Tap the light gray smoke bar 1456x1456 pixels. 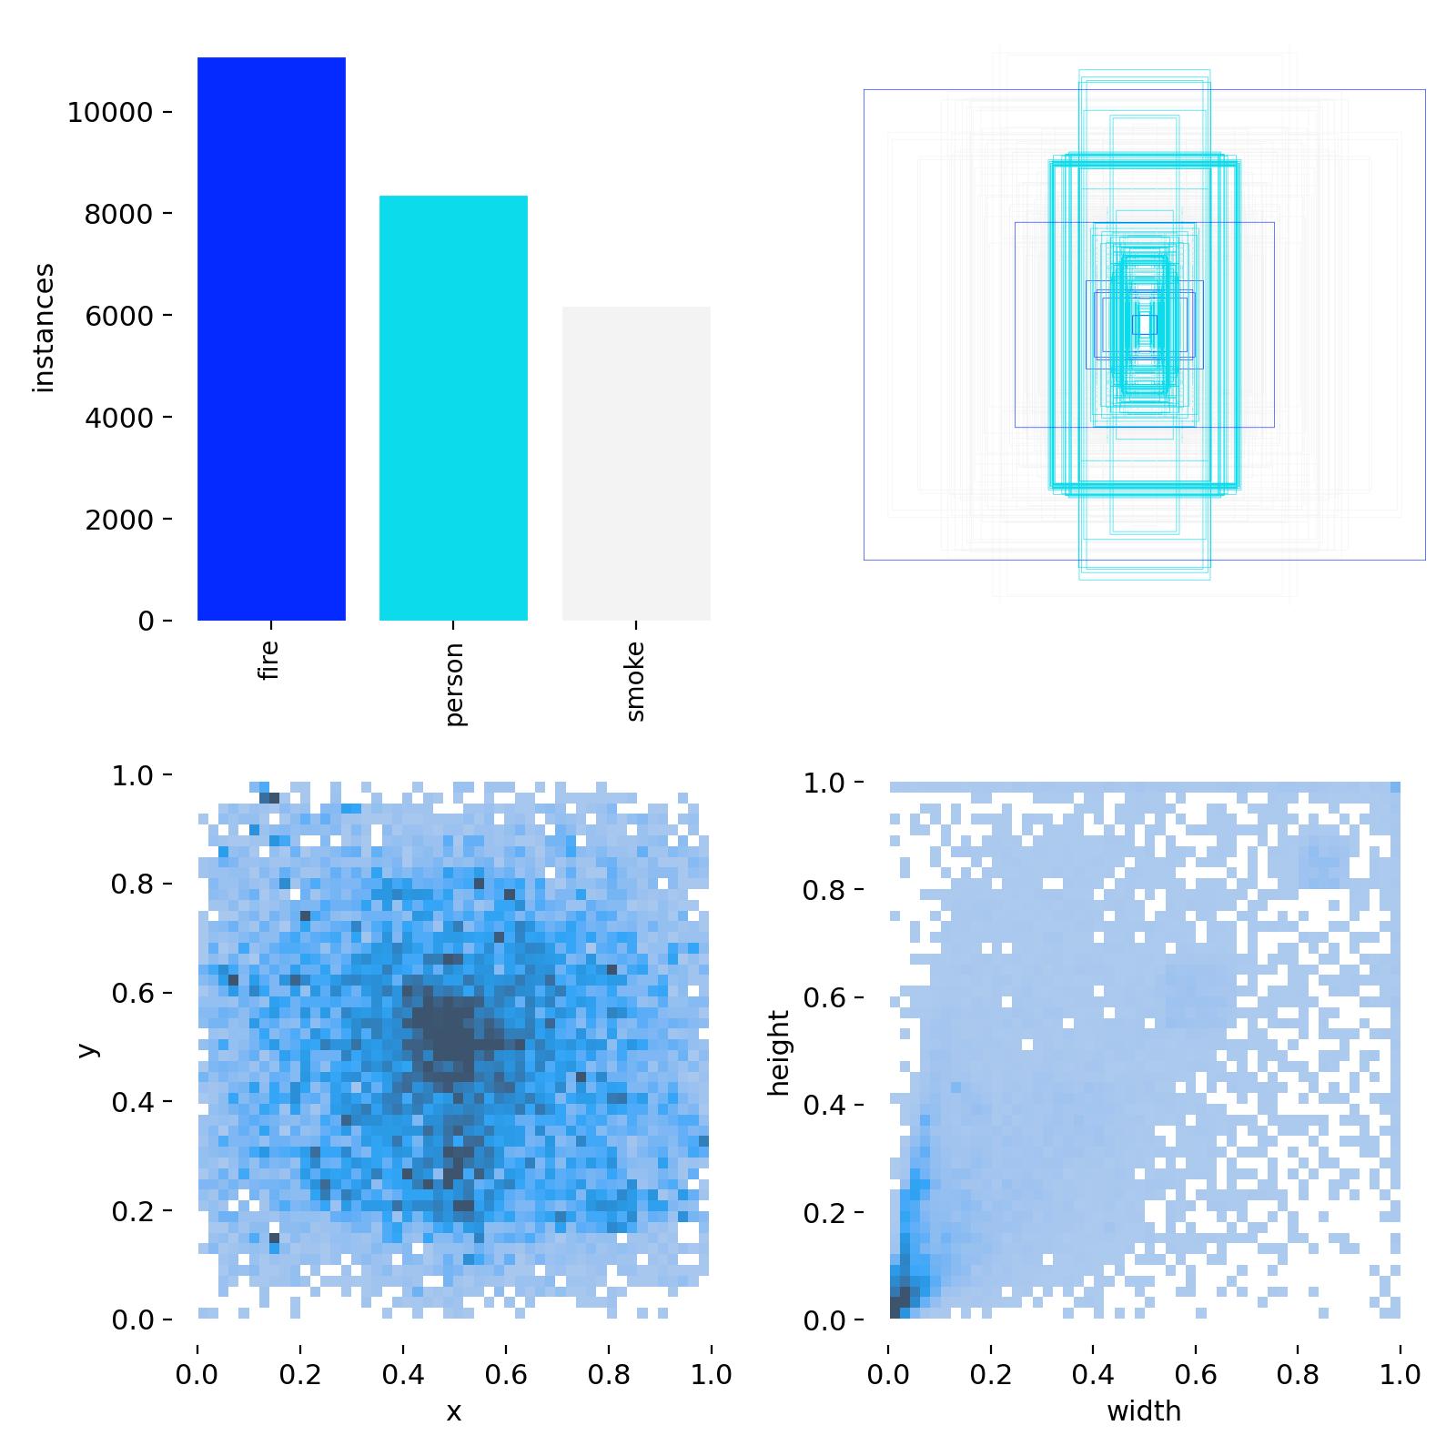coord(636,463)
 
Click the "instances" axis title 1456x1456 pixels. coord(44,328)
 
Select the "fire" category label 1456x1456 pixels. coord(268,661)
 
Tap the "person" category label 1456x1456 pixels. coord(455,683)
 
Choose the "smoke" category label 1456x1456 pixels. coord(635,681)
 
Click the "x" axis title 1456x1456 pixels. coord(453,1411)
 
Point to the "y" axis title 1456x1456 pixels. coord(87,1048)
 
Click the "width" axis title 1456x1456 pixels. coord(1144,1411)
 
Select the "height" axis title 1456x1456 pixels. coord(779,1052)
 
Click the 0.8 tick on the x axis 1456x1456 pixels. coord(608,1373)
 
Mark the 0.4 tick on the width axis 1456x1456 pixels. coord(1093,1373)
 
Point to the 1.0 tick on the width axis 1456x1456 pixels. coord(1400,1373)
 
